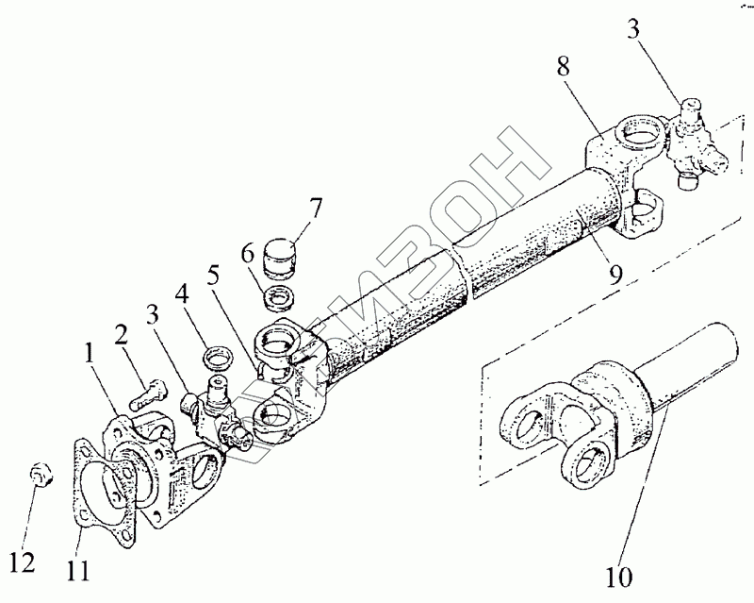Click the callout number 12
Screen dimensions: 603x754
point(24,562)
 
